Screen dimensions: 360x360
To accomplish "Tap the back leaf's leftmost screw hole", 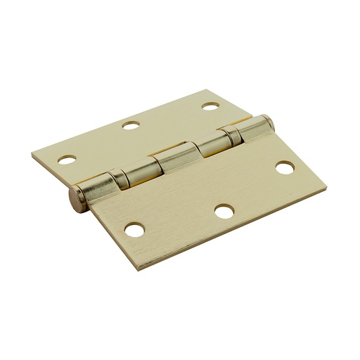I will [67, 160].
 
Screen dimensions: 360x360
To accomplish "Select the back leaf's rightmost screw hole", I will [209, 106].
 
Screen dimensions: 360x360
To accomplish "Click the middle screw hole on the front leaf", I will [224, 211].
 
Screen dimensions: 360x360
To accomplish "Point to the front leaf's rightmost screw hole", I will [285, 168].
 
